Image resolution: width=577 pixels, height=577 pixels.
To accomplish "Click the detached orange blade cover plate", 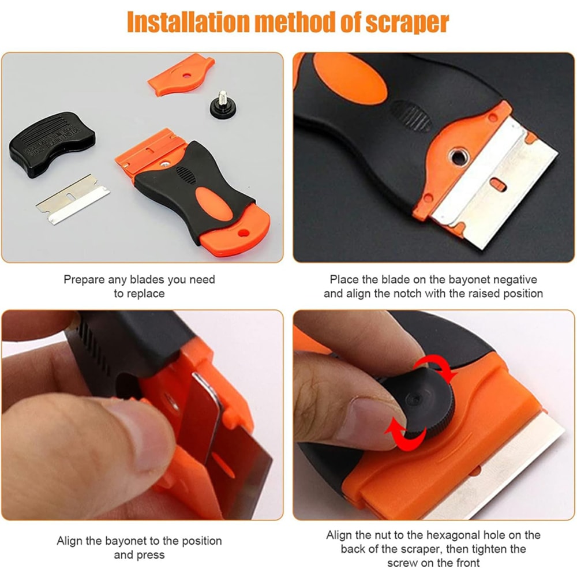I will tap(181, 74).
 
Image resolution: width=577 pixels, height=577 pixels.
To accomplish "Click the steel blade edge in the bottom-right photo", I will tap(508, 462).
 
